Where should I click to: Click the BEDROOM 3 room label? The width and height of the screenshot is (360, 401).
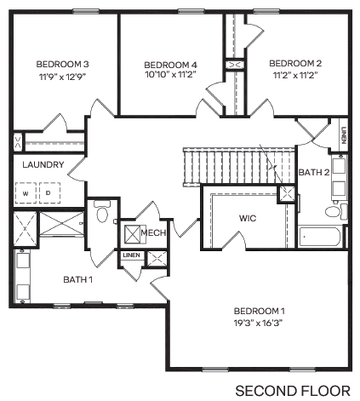[x=62, y=64]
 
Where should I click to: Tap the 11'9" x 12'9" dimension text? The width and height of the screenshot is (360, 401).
[x=62, y=75]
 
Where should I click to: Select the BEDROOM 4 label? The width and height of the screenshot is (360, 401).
[x=170, y=65]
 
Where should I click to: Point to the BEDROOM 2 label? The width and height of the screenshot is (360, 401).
[x=295, y=63]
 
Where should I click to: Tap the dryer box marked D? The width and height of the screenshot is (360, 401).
[x=48, y=193]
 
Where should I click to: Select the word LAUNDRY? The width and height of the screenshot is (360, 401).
[x=43, y=164]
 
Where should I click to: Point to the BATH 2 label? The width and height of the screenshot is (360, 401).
[x=315, y=172]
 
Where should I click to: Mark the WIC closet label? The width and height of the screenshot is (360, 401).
[x=248, y=218]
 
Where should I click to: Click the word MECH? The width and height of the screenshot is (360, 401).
[x=153, y=232]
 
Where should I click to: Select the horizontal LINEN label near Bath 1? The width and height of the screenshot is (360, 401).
[x=131, y=255]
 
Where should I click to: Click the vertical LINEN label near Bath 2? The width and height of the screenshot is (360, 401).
[x=343, y=136]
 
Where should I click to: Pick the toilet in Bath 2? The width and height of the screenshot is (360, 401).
[x=334, y=210]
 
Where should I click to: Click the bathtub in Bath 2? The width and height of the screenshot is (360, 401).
[x=320, y=236]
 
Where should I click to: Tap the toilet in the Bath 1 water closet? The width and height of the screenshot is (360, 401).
[x=101, y=213]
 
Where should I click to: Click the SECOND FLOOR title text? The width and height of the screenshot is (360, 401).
[x=292, y=390]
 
